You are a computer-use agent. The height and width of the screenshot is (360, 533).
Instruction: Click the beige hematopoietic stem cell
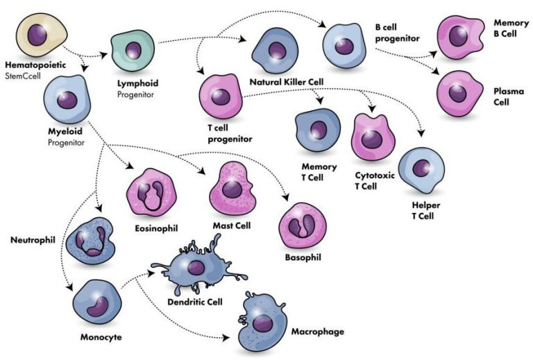coord(42,35)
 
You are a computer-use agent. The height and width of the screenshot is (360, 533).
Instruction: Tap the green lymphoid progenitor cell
coord(133,50)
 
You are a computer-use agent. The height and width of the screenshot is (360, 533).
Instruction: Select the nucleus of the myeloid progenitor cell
coord(67,100)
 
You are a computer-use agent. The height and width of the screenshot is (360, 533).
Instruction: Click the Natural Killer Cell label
coord(287,82)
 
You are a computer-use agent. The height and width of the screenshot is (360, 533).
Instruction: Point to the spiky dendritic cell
coord(197,266)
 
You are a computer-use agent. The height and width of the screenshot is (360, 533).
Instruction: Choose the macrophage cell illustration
coord(262,321)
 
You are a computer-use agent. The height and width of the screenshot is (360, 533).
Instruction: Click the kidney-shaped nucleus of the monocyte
coord(98,307)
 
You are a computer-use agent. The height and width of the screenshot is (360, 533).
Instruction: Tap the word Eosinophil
coord(156,228)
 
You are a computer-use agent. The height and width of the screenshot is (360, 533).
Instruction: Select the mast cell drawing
coord(232,189)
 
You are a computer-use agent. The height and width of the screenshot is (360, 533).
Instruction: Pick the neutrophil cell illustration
coord(90,241)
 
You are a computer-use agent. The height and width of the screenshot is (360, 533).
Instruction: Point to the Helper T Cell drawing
coord(421,170)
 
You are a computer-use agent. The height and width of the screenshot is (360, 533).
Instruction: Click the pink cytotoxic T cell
coord(373,137)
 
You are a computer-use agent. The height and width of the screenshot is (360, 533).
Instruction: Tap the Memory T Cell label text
coord(319,172)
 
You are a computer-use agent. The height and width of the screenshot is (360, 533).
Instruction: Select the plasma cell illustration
coord(459,94)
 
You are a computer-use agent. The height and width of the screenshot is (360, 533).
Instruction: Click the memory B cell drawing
coord(460,37)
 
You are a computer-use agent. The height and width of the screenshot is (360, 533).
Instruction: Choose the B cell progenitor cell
coord(344,46)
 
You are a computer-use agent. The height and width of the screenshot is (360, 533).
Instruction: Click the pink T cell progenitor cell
coord(221,97)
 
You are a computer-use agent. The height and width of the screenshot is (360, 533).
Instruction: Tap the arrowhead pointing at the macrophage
coord(226,338)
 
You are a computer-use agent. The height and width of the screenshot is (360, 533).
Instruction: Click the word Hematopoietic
coord(35,65)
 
